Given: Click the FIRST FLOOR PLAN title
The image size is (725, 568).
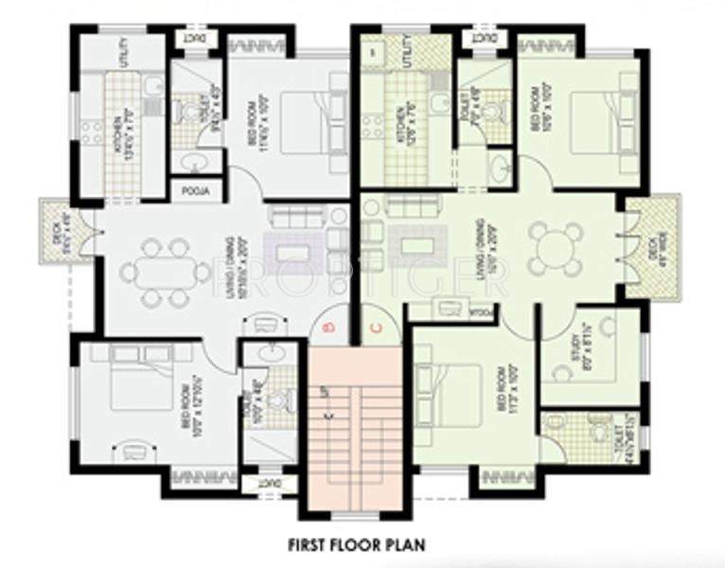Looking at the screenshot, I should click(x=357, y=544).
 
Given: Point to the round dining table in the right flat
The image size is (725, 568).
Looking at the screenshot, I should click(x=556, y=248).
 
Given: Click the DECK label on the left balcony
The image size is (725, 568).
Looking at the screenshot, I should click(x=57, y=226).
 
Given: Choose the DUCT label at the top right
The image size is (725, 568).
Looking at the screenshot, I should click(x=484, y=40).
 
